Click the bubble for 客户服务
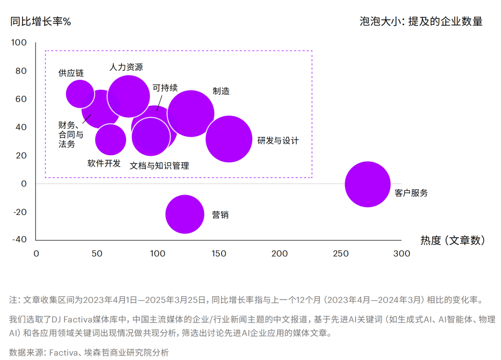coord(367,185)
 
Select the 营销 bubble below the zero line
coord(184,214)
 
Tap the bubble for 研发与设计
coord(229,139)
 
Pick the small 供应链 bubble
coord(80,94)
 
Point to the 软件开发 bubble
coord(110,140)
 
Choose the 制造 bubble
coord(191,114)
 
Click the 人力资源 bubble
coord(128,96)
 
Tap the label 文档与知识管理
coord(159,166)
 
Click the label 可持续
coord(165,88)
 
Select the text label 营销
coord(220,215)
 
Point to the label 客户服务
coord(411,193)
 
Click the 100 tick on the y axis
coord(19,43)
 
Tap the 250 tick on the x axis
coord(340,254)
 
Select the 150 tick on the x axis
coord(218,254)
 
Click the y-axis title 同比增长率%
coord(41,21)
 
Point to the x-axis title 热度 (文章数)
coord(452,240)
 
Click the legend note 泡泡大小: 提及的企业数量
coord(421,21)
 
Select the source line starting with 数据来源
coord(89,352)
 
